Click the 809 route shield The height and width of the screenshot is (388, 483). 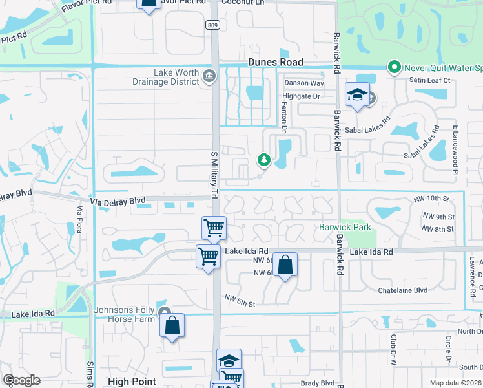pos(212,25)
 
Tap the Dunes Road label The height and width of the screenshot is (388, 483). pos(276,62)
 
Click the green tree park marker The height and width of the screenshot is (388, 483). pos(263,159)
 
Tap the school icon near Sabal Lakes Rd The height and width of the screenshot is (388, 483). pos(357,95)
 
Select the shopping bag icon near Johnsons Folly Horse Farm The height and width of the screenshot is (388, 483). pos(172,325)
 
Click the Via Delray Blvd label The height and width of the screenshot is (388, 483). pos(119,201)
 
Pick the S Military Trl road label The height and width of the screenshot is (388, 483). pos(214,175)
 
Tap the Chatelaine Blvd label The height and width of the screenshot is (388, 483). pos(403,290)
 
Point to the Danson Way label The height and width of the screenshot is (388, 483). pos(303,83)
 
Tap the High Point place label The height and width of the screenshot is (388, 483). pos(132,382)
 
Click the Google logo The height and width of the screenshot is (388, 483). pos(21,380)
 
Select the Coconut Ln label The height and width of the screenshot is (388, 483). pos(243,2)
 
